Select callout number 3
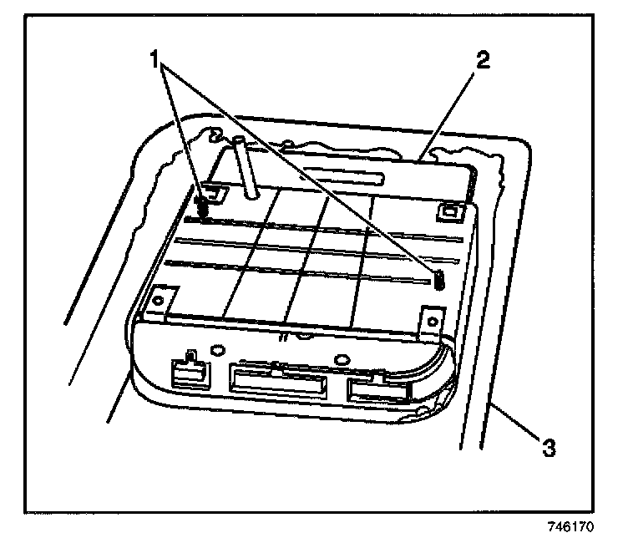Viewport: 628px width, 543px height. [548, 448]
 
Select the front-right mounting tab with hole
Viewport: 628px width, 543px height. [431, 318]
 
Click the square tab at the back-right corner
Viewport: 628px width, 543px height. [452, 211]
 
